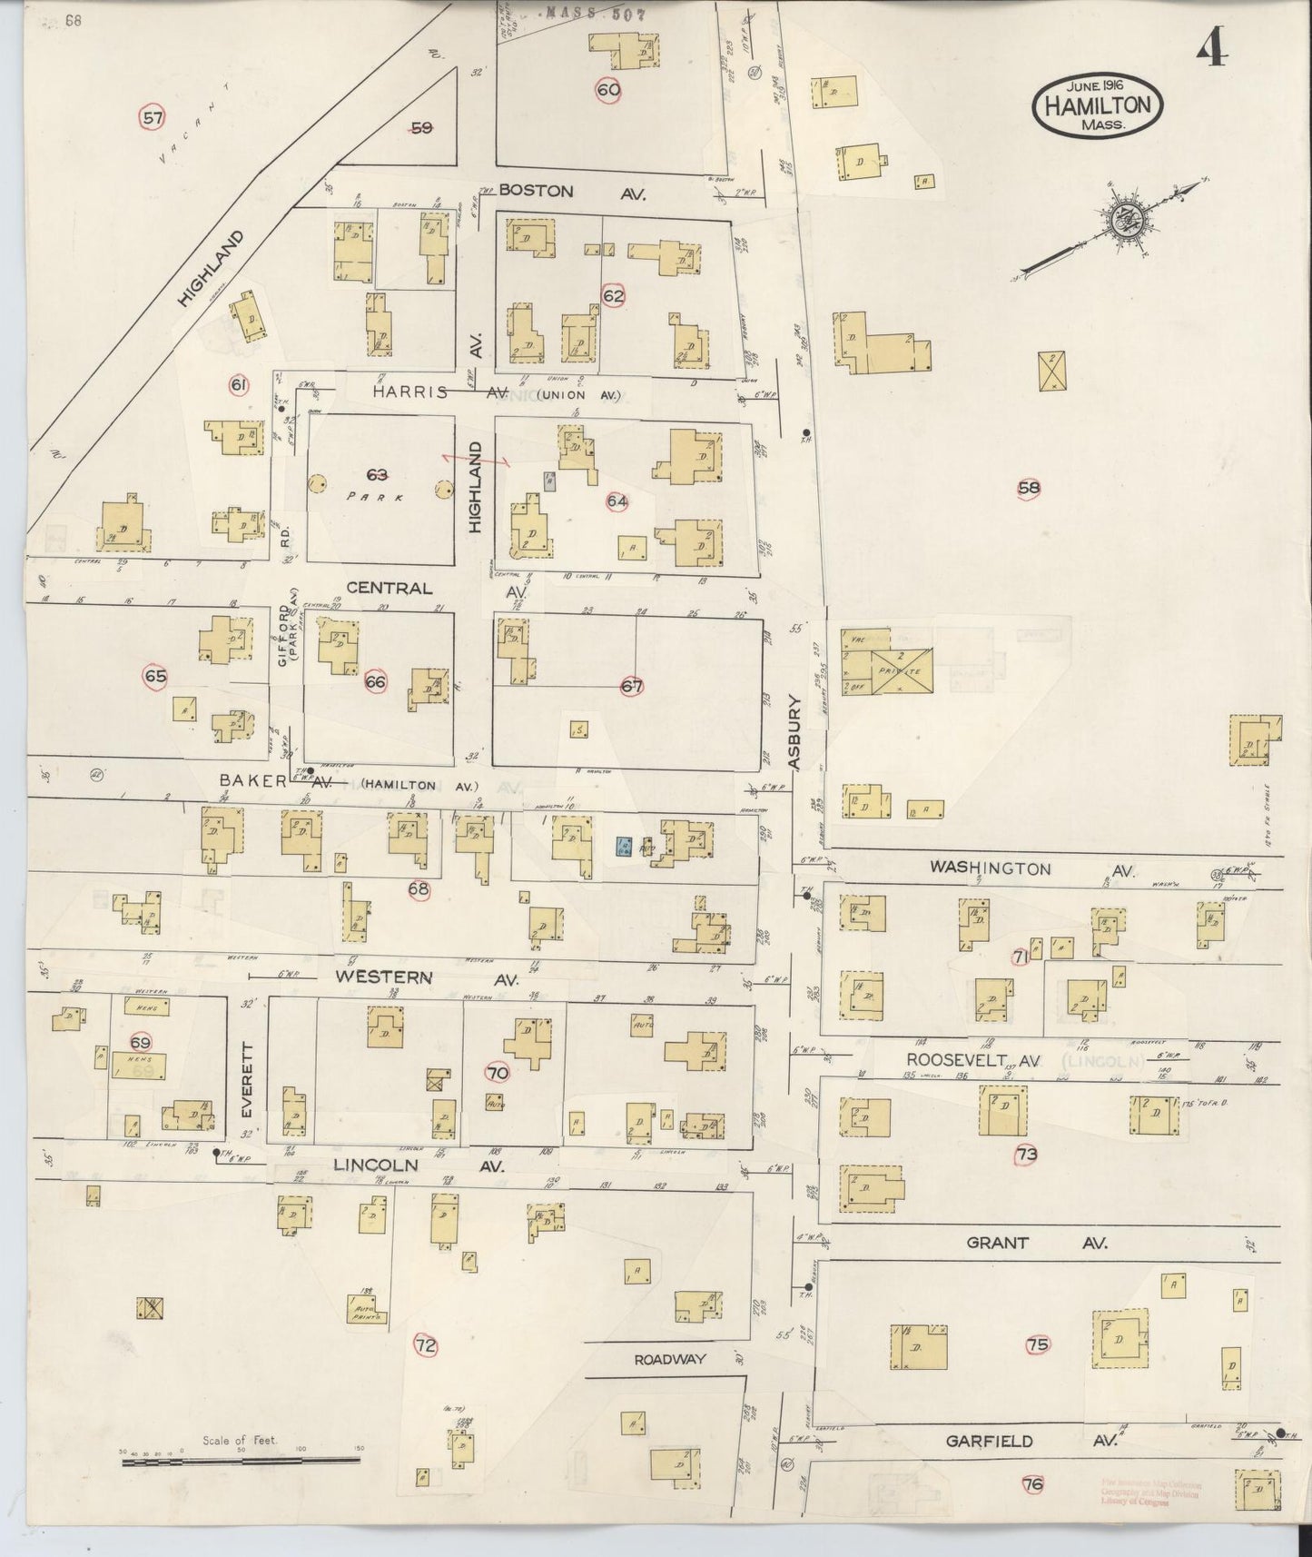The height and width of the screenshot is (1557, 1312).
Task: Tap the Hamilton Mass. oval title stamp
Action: click(x=1097, y=104)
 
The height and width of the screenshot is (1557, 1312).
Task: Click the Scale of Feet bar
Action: click(x=241, y=1462)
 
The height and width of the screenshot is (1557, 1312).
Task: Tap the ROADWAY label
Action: click(x=670, y=1359)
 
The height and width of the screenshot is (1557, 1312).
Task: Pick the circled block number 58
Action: click(x=1029, y=488)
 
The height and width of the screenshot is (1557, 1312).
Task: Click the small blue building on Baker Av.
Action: click(x=624, y=846)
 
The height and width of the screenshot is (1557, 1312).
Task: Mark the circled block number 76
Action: click(x=1032, y=1485)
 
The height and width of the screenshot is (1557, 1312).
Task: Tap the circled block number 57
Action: click(x=153, y=117)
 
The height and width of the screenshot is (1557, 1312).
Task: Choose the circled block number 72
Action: click(x=425, y=1345)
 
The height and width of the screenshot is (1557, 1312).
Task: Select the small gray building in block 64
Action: click(x=549, y=481)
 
